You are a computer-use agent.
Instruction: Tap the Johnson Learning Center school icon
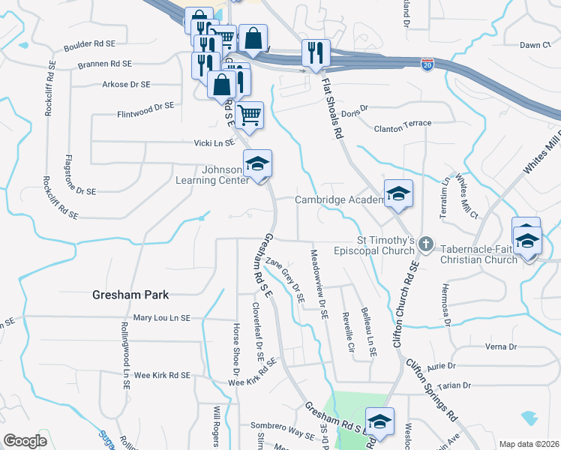257,163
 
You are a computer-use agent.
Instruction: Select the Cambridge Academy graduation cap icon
398,194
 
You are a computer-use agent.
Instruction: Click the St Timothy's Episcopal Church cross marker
426,242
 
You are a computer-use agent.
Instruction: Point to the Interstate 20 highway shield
427,65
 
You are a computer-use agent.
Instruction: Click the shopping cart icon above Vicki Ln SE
250,115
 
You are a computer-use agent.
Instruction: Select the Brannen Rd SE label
105,64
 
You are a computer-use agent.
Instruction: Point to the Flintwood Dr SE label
145,110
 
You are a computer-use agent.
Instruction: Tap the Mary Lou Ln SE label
163,317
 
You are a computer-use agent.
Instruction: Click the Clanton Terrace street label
403,123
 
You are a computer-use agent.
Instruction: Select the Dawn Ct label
535,45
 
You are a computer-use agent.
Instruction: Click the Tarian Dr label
455,385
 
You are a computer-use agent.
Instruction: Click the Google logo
25,440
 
